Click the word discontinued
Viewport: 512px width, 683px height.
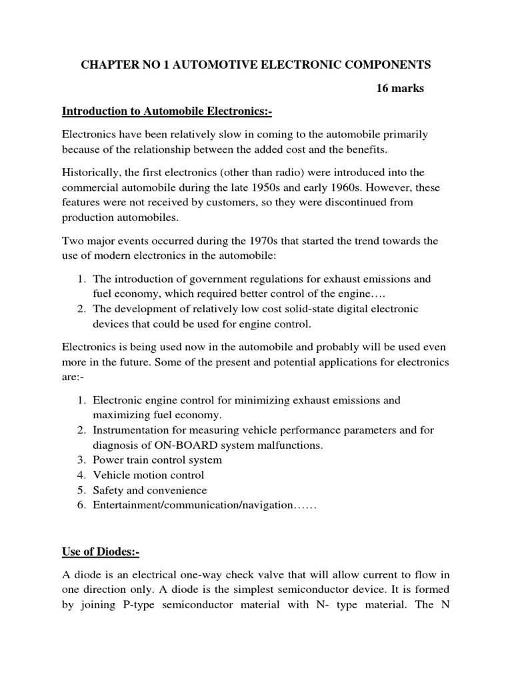[x=349, y=202]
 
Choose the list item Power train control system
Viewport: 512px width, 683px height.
[x=157, y=460]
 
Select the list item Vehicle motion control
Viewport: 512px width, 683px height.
[x=148, y=475]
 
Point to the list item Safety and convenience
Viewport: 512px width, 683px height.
[x=150, y=490]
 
